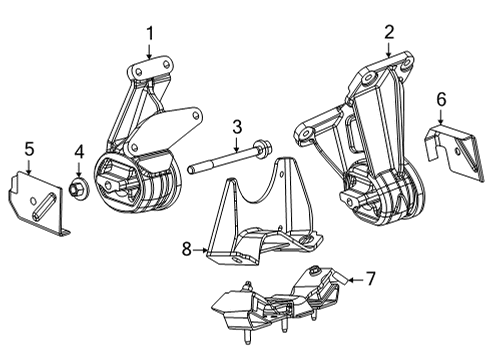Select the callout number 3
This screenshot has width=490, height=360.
click(236, 126)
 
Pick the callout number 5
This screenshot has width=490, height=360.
click(29, 150)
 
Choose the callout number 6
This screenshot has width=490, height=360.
click(441, 98)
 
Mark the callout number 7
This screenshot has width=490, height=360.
click(370, 278)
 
